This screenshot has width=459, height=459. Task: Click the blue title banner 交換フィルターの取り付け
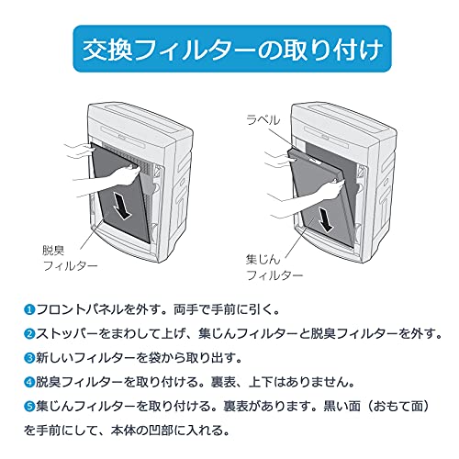[x=232, y=49]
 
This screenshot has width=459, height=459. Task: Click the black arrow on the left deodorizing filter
[x=122, y=207]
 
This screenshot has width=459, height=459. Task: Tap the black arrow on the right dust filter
[x=325, y=219]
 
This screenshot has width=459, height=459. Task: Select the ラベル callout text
[x=263, y=119]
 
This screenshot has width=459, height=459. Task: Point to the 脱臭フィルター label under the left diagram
[x=70, y=258]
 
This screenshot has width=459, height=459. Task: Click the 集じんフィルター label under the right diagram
[x=274, y=267]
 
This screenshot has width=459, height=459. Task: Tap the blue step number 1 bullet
[x=29, y=309]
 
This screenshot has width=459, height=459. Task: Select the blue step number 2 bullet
[x=29, y=334]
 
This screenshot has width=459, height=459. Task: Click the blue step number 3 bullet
[x=29, y=358]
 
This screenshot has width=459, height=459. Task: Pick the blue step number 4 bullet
[x=29, y=382]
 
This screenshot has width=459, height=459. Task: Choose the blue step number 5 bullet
[x=29, y=406]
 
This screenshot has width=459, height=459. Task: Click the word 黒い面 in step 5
[x=341, y=406]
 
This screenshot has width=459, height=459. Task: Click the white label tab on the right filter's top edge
[x=314, y=160]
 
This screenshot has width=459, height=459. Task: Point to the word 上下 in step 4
[x=261, y=382]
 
